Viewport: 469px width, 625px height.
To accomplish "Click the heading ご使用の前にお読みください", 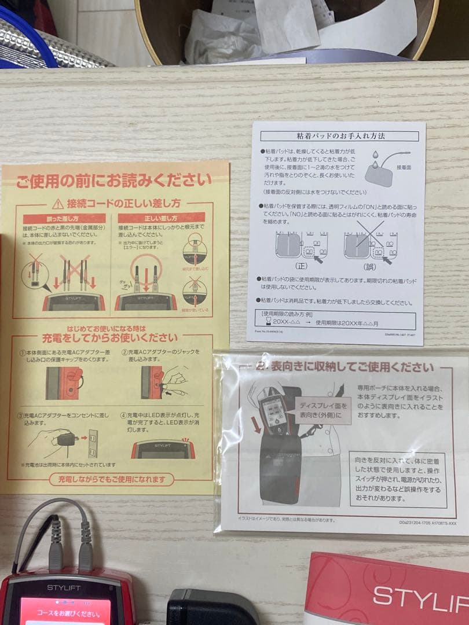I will coord(114,181).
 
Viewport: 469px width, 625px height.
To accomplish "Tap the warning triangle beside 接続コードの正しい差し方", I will coord(57,204).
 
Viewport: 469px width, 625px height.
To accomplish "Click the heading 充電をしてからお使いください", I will coord(109,337).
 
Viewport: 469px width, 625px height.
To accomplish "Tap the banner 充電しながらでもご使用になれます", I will coord(111,479).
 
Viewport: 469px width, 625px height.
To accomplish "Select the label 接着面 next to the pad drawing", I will coord(404,166).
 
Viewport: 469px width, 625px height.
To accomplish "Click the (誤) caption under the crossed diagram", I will coord(369,267).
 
